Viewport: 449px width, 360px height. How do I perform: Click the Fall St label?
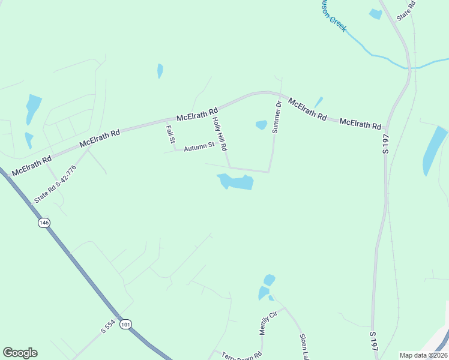click(171, 133)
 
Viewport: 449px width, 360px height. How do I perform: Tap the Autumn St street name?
click(199, 146)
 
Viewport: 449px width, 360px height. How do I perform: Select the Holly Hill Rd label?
click(220, 133)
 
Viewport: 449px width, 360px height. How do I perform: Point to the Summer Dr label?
click(277, 117)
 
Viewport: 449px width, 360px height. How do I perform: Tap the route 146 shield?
click(43, 223)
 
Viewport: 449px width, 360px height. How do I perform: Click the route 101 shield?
click(125, 325)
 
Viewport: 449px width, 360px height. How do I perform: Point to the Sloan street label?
click(304, 347)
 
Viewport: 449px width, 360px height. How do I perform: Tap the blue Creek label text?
click(334, 16)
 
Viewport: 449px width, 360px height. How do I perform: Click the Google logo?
click(20, 353)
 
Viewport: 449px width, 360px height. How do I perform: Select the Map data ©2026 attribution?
click(424, 355)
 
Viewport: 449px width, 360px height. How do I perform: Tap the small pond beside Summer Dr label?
click(261, 125)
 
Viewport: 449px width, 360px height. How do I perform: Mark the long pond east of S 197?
click(434, 150)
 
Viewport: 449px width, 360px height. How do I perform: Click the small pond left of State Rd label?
click(376, 14)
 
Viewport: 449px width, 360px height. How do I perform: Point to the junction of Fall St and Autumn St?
click(175, 149)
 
